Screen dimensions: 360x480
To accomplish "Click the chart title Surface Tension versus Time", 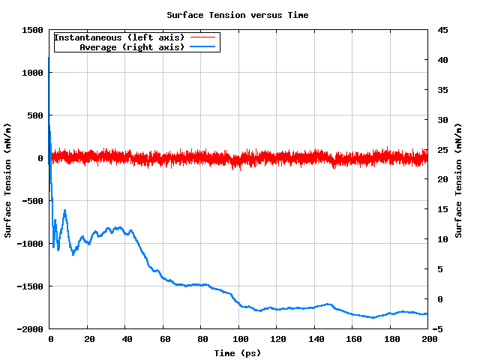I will (237, 15).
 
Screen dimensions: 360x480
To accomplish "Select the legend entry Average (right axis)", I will (132, 46).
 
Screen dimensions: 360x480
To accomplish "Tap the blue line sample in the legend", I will (202, 46).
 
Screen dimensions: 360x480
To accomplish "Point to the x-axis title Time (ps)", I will (237, 352).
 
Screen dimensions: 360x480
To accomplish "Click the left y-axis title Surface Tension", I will (8, 180).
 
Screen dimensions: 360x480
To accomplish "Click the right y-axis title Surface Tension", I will (458, 180).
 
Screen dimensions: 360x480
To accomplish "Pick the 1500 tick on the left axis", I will (31, 30).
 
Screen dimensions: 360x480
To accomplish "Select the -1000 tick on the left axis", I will (29, 244).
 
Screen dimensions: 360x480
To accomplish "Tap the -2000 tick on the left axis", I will (29, 329).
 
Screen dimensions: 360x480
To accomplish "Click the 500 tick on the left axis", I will (34, 115).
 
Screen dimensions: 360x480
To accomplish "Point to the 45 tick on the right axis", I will (442, 30).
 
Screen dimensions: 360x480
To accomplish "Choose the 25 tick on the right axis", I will (442, 150).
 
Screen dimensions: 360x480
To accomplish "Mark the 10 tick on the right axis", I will (442, 239).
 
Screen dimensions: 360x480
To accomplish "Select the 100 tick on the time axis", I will (238, 340).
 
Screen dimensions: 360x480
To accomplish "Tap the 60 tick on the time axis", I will (163, 340).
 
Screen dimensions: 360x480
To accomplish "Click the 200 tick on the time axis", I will (427, 340).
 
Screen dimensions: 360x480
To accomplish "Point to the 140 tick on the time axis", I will (314, 340).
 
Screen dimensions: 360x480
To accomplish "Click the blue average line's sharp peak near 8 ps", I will (64, 211).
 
